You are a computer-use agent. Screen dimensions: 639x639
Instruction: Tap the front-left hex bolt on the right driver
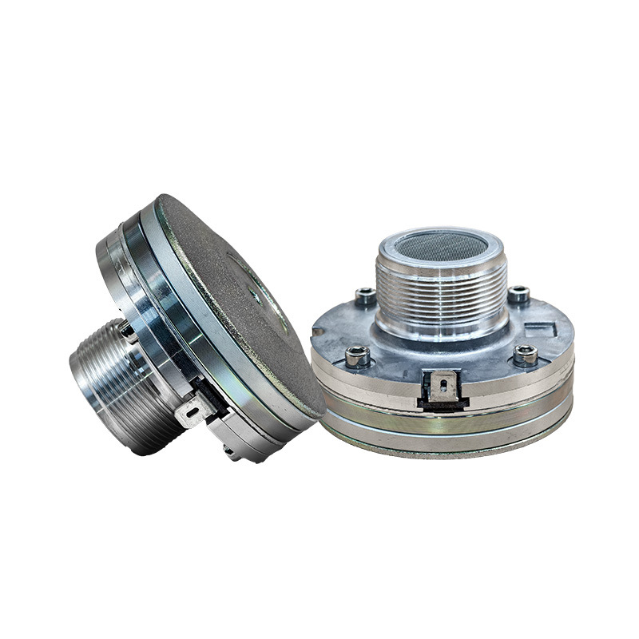pos(357,355)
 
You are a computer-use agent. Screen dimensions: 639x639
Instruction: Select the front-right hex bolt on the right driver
pos(525,353)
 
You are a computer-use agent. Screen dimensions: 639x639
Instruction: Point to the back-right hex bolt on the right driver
pos(518,293)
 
